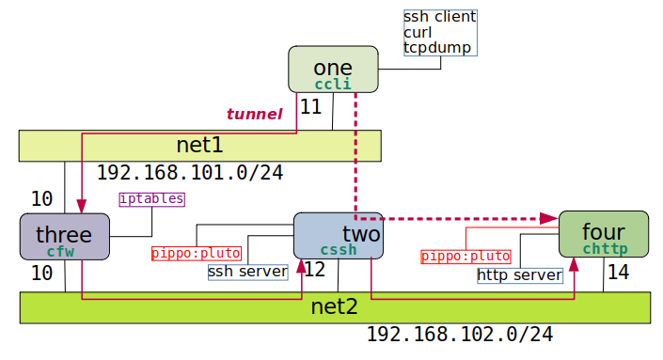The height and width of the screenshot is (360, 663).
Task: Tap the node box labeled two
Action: (338, 236)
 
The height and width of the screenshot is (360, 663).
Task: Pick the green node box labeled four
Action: (603, 235)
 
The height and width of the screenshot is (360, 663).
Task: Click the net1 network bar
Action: (199, 146)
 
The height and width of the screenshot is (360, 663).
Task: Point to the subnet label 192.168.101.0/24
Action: (190, 173)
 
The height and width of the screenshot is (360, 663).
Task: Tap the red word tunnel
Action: (254, 115)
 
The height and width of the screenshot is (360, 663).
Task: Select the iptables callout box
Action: (151, 199)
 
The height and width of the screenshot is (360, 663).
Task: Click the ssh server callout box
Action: (247, 272)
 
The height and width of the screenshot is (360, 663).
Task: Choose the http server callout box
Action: (519, 275)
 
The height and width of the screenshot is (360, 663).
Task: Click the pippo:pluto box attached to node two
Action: (197, 253)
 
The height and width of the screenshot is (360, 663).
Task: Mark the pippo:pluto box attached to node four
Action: (466, 257)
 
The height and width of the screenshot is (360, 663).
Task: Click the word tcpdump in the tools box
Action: (436, 47)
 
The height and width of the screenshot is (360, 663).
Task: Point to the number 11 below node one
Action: (310, 107)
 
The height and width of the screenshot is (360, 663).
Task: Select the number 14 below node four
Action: (618, 273)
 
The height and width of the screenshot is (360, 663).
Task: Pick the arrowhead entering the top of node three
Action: (82, 208)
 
